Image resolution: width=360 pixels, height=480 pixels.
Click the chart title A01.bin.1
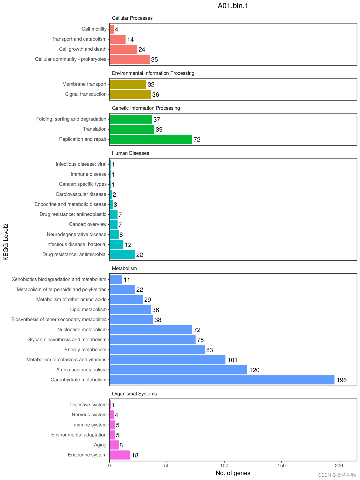tap(233, 6)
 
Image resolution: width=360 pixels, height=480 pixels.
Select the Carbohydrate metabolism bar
tap(222, 380)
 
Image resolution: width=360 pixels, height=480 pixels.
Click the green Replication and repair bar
tap(151, 139)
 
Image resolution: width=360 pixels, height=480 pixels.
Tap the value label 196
tap(341, 380)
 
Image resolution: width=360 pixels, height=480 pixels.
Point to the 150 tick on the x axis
tap(281, 466)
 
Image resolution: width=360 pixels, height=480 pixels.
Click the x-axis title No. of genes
tap(233, 473)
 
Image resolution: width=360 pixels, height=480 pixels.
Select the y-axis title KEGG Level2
tap(6, 242)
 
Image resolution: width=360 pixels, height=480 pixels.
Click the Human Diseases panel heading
tap(130, 153)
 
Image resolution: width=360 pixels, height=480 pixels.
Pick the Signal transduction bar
tap(130, 94)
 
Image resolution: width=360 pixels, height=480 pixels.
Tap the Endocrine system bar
tap(120, 455)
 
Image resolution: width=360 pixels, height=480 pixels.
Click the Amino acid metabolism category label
tap(81, 370)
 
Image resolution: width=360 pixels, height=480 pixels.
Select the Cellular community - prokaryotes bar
tap(129, 59)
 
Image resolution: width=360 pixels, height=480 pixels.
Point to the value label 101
tap(232, 360)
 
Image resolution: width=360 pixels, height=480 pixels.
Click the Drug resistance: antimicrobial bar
tap(122, 255)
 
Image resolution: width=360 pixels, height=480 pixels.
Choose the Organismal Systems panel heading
tap(134, 394)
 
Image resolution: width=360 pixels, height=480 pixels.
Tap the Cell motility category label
tap(94, 29)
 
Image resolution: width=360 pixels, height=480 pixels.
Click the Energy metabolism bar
tap(157, 350)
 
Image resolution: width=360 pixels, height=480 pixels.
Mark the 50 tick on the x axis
tap(167, 466)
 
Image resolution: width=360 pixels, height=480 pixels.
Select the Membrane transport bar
tap(128, 84)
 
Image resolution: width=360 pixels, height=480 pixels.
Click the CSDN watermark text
tap(337, 475)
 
